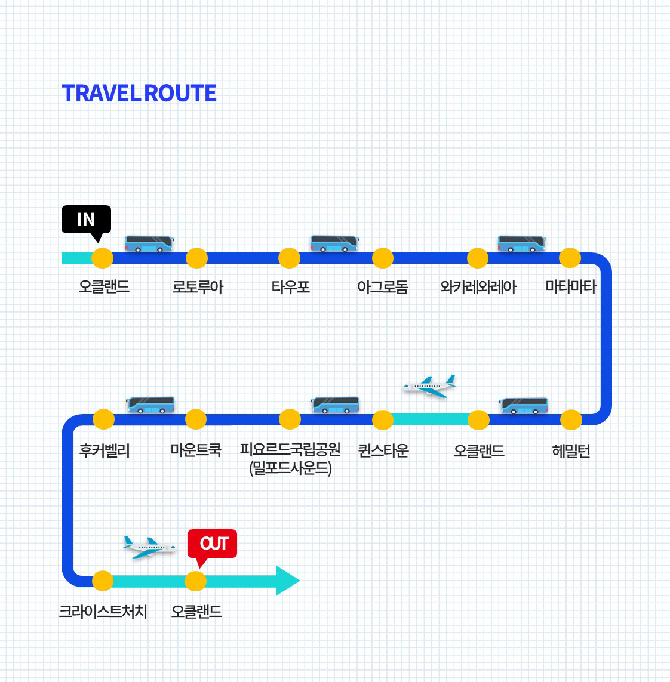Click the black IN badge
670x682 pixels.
click(86, 219)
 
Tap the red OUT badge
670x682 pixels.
click(212, 543)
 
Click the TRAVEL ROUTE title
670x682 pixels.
click(139, 94)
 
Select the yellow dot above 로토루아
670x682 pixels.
click(196, 258)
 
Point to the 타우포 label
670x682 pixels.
click(291, 287)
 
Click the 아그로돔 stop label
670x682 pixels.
click(383, 287)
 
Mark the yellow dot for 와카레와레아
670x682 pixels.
click(478, 258)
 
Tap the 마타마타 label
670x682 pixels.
click(571, 286)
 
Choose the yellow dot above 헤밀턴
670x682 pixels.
click(571, 420)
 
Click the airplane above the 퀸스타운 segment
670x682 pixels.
click(429, 386)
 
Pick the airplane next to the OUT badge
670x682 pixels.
click(149, 547)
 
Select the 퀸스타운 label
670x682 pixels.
click(383, 450)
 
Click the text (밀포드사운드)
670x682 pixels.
click(290, 468)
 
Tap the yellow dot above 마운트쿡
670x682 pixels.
click(196, 419)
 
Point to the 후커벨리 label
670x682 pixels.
click(105, 450)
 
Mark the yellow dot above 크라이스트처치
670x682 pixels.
click(103, 581)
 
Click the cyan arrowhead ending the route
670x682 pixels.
click(288, 581)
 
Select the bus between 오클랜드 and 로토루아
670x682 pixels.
click(149, 243)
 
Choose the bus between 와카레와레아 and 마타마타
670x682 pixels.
click(522, 243)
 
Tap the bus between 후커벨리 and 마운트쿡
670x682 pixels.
click(150, 405)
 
